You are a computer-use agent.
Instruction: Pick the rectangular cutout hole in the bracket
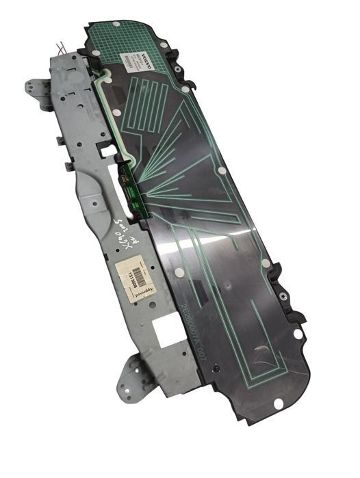166,330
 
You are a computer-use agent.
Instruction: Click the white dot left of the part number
180,272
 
